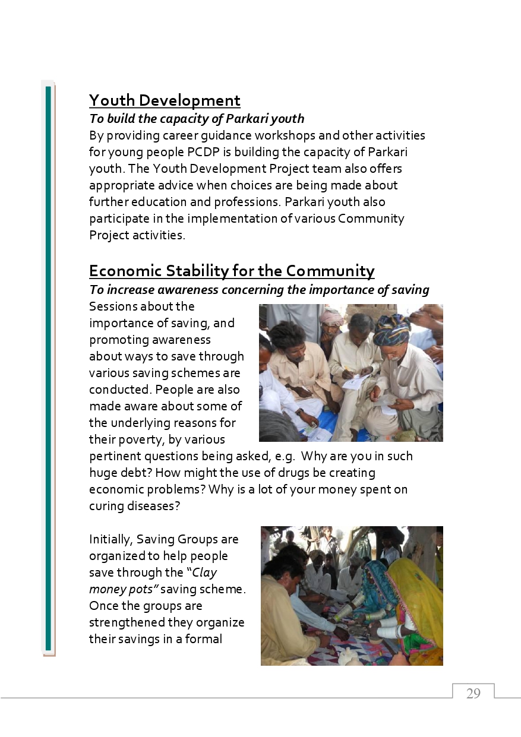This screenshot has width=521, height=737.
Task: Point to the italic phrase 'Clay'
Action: click(x=204, y=573)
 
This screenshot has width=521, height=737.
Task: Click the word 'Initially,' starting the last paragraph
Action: click(x=111, y=540)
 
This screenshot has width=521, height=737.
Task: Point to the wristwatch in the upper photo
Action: click(x=301, y=411)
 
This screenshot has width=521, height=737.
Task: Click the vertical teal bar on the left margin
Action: click(x=48, y=368)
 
